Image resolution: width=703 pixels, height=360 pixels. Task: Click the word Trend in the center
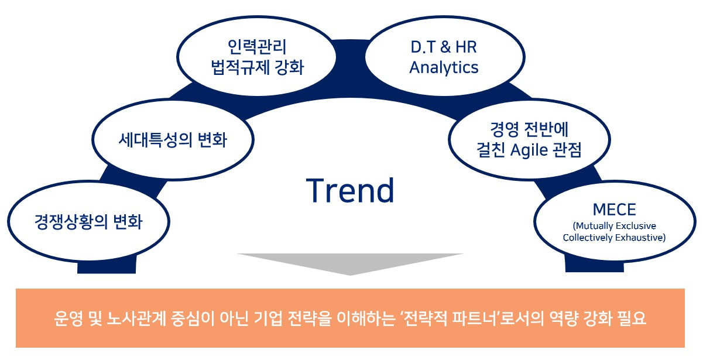pyautogui.click(x=350, y=190)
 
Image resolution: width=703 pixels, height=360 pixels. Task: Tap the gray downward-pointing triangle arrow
pyautogui.click(x=350, y=264)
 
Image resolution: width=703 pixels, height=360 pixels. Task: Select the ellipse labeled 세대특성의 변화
pyautogui.click(x=173, y=139)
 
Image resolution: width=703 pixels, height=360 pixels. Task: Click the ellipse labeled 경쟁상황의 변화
pyautogui.click(x=88, y=221)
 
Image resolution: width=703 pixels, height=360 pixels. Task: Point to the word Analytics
pyautogui.click(x=444, y=68)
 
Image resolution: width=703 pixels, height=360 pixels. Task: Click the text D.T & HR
pyautogui.click(x=444, y=47)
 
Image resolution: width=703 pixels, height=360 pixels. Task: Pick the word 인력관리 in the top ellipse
pyautogui.click(x=257, y=47)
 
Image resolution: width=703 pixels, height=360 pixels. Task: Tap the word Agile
pyautogui.click(x=529, y=150)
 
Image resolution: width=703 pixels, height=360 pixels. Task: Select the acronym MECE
pyautogui.click(x=614, y=210)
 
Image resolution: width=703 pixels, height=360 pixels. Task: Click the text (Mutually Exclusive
pyautogui.click(x=614, y=226)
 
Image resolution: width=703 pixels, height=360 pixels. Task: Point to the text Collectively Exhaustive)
pyautogui.click(x=614, y=238)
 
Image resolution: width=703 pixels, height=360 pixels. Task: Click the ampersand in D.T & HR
pyautogui.click(x=445, y=47)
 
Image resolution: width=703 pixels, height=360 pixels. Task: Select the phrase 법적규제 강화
pyautogui.click(x=258, y=67)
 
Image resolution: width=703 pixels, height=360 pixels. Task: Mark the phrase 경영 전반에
pyautogui.click(x=529, y=129)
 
